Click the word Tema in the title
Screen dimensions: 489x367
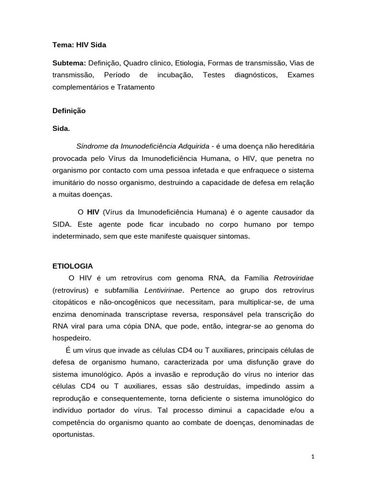point(62,45)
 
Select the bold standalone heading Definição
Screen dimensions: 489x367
point(69,110)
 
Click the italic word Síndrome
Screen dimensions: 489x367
point(91,145)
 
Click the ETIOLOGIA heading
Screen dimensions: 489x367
point(73,266)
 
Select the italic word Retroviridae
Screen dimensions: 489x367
point(294,278)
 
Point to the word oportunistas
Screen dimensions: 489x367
point(74,435)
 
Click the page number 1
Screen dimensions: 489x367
point(313,457)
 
